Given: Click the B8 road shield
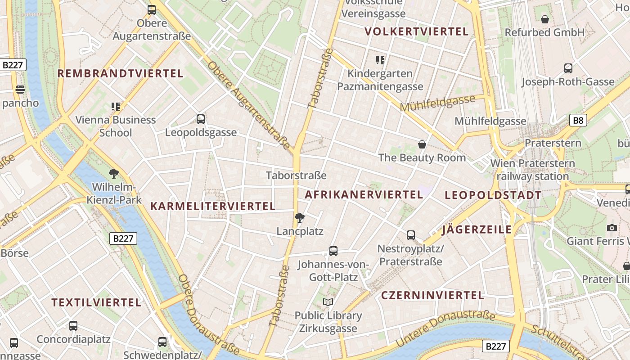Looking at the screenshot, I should pos(578,120).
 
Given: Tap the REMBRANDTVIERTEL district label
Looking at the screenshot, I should pos(121,73).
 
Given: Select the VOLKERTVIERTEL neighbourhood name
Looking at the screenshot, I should pos(417,31).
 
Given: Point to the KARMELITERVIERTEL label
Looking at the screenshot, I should pos(212,206).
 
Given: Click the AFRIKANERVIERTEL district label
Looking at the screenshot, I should pos(364,194).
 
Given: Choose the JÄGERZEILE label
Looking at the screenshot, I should pos(477,229).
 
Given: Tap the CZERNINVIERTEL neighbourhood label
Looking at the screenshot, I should pos(432,295).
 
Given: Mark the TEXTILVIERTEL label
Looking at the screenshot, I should pos(96,302).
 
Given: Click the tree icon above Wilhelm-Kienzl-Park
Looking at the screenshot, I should pos(114,174).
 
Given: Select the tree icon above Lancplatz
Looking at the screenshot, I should pos(299,218).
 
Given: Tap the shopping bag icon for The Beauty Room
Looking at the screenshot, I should pos(422,144).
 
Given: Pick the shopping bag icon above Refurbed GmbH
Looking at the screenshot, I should pos(545,19).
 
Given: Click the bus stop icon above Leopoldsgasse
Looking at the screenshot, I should pos(201,119).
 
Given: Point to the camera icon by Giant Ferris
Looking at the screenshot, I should pos(612,228).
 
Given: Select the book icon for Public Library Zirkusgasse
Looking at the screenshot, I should pos(328,302).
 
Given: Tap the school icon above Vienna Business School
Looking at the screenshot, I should pos(116,107).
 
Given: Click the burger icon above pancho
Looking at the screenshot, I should pos(20,90).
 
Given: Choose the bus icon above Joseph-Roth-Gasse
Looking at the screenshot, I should pos(568,68).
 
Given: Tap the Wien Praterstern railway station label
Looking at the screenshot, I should pos(533,170).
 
